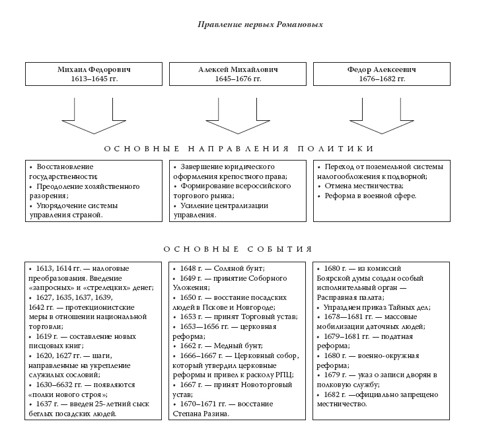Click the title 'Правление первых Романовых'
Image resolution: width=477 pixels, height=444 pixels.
tap(261, 25)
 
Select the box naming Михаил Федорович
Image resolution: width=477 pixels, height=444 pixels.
tap(92, 73)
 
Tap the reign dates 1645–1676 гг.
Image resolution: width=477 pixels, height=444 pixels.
tap(237, 79)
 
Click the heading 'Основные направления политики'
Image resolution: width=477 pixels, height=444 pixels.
tap(238, 149)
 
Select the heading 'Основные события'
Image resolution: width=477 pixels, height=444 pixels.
tap(237, 249)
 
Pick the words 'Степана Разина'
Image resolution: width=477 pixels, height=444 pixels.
tap(202, 414)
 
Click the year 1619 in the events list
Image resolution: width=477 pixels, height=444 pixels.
tap(44, 336)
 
